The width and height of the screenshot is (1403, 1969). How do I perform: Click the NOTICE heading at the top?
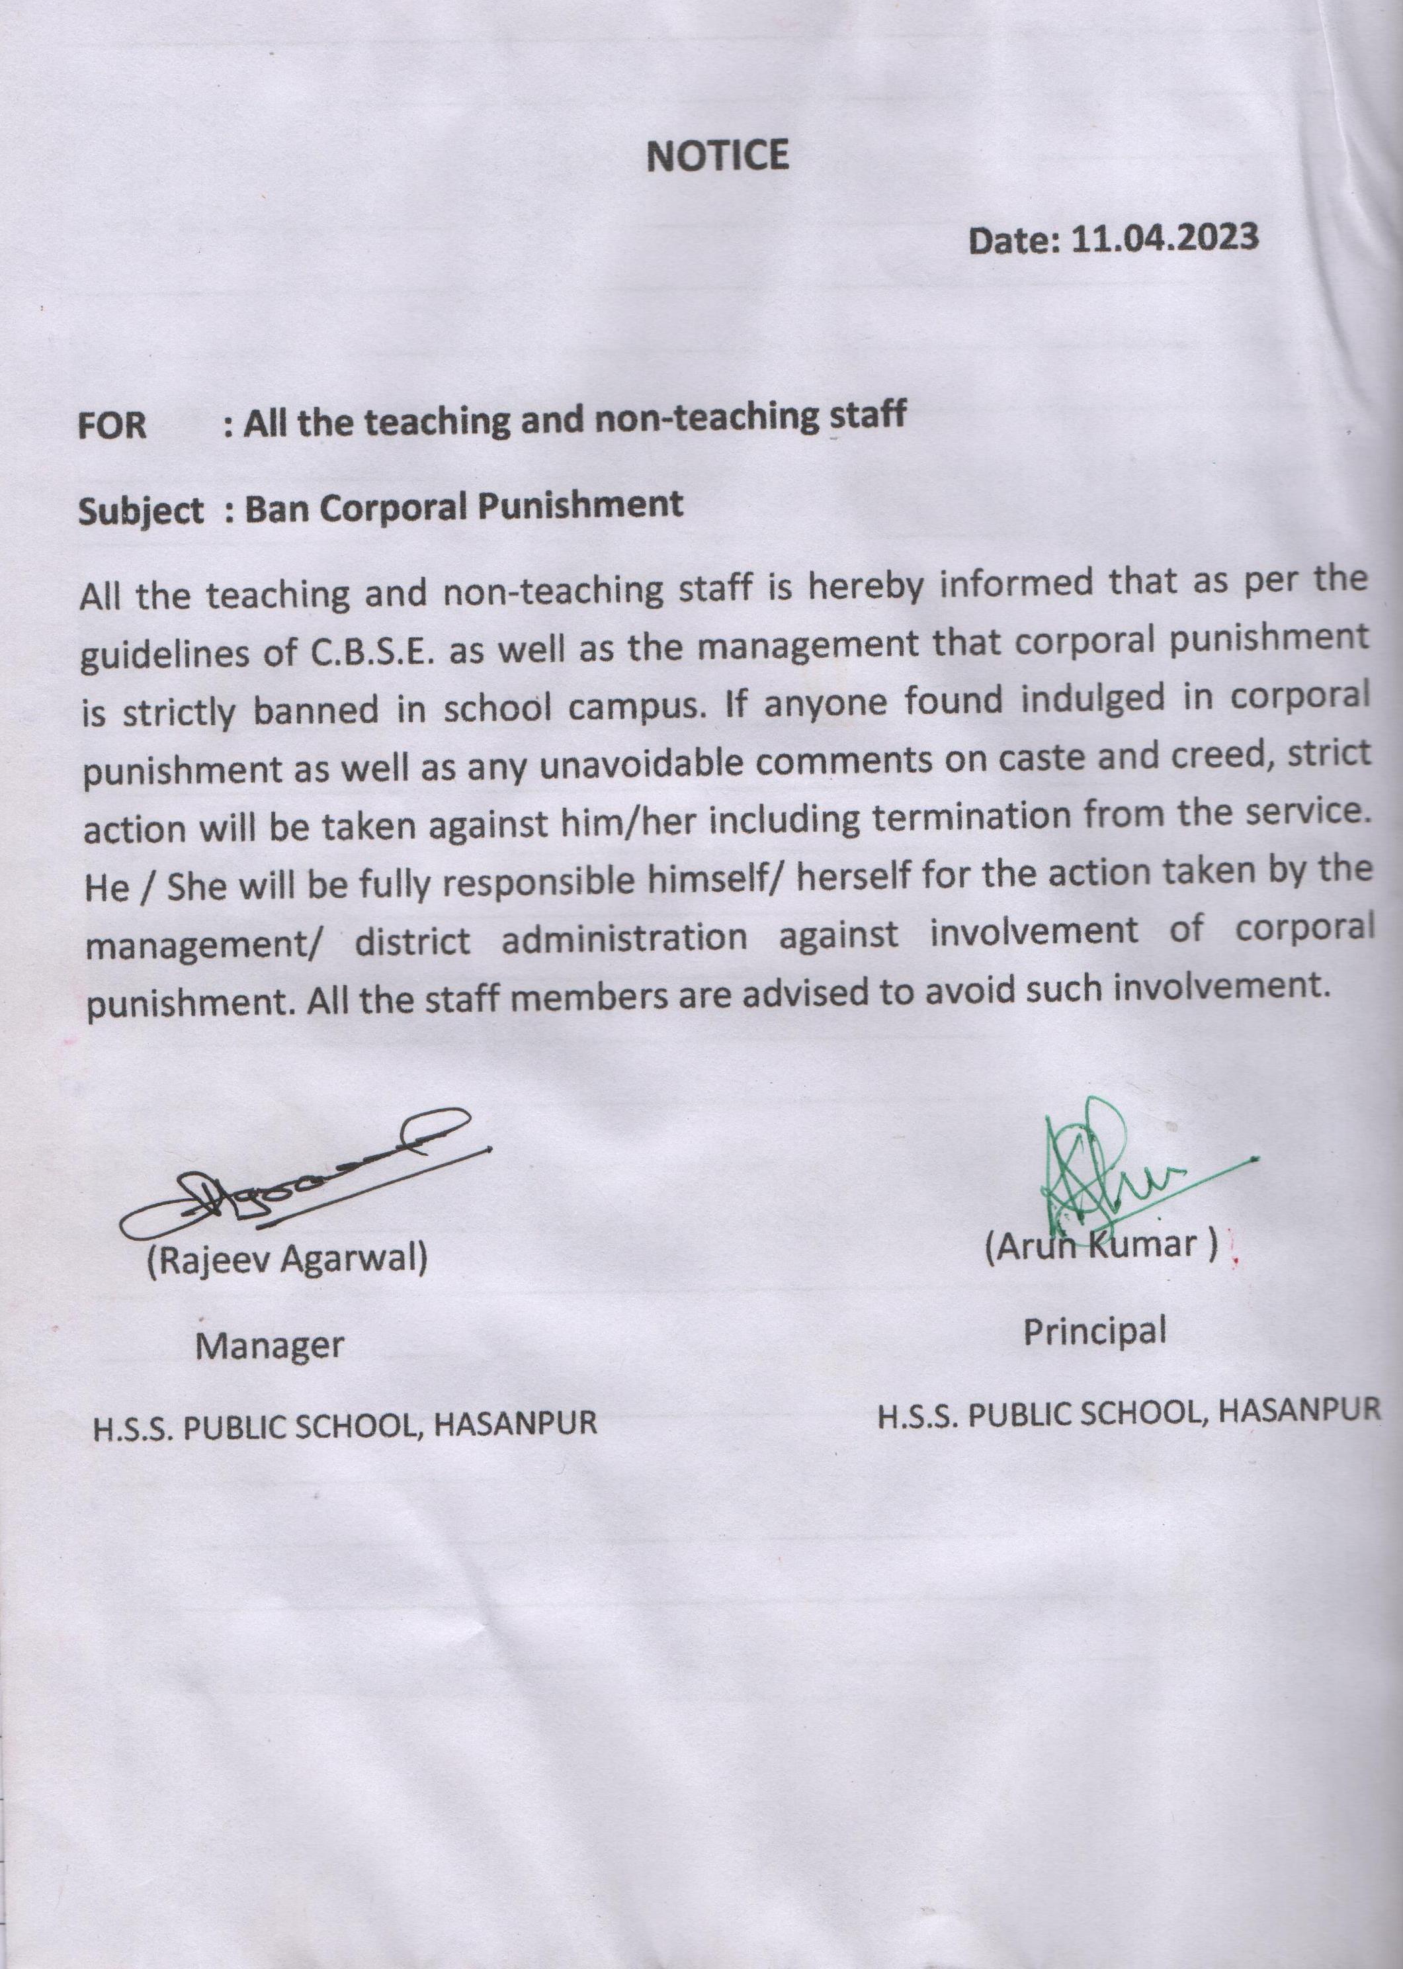(x=717, y=156)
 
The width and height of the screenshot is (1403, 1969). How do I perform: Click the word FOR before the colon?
(x=112, y=427)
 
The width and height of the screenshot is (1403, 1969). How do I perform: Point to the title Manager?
(x=269, y=1344)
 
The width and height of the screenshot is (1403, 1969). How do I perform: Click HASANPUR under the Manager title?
(x=515, y=1424)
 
